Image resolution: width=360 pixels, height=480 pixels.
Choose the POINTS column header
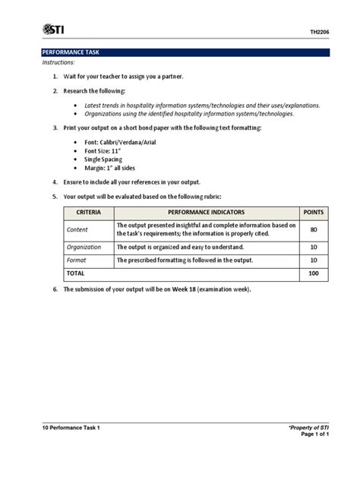313,212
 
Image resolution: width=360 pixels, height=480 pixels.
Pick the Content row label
77,229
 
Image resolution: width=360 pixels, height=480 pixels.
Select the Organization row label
84,247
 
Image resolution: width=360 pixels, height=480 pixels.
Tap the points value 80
313,229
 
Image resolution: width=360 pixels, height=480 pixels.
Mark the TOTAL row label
76,273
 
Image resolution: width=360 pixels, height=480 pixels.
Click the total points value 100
313,273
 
